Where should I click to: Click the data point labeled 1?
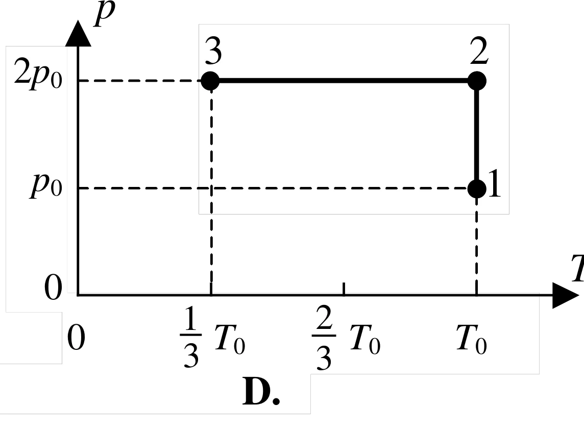tap(477, 188)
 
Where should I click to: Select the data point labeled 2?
tap(477, 81)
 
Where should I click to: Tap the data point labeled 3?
tap(210, 81)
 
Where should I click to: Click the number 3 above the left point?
tap(213, 51)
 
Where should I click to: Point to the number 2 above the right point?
tap(479, 51)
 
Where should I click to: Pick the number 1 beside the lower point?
tap(494, 183)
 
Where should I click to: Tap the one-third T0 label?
tap(212, 337)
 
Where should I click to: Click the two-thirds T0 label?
tap(346, 338)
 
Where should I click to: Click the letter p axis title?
tap(104, 13)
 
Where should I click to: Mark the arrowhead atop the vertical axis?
tap(78, 33)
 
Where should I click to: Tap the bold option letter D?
tap(261, 392)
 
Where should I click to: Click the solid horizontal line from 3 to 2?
tap(344, 81)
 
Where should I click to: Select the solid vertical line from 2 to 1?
tap(477, 134)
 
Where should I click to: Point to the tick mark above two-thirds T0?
tap(344, 289)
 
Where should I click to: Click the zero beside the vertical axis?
tap(53, 288)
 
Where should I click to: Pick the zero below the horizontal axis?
tap(76, 338)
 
